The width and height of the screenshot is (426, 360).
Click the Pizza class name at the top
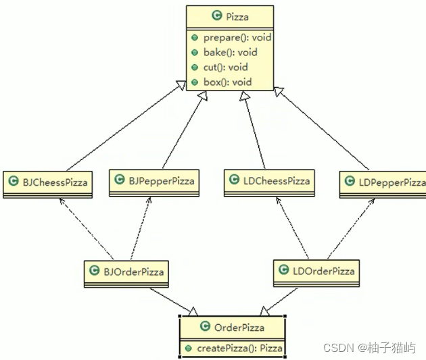pos(237,16)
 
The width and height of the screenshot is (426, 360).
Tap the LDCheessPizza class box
pos(275,180)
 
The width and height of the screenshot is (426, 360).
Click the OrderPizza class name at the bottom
pos(239,328)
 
